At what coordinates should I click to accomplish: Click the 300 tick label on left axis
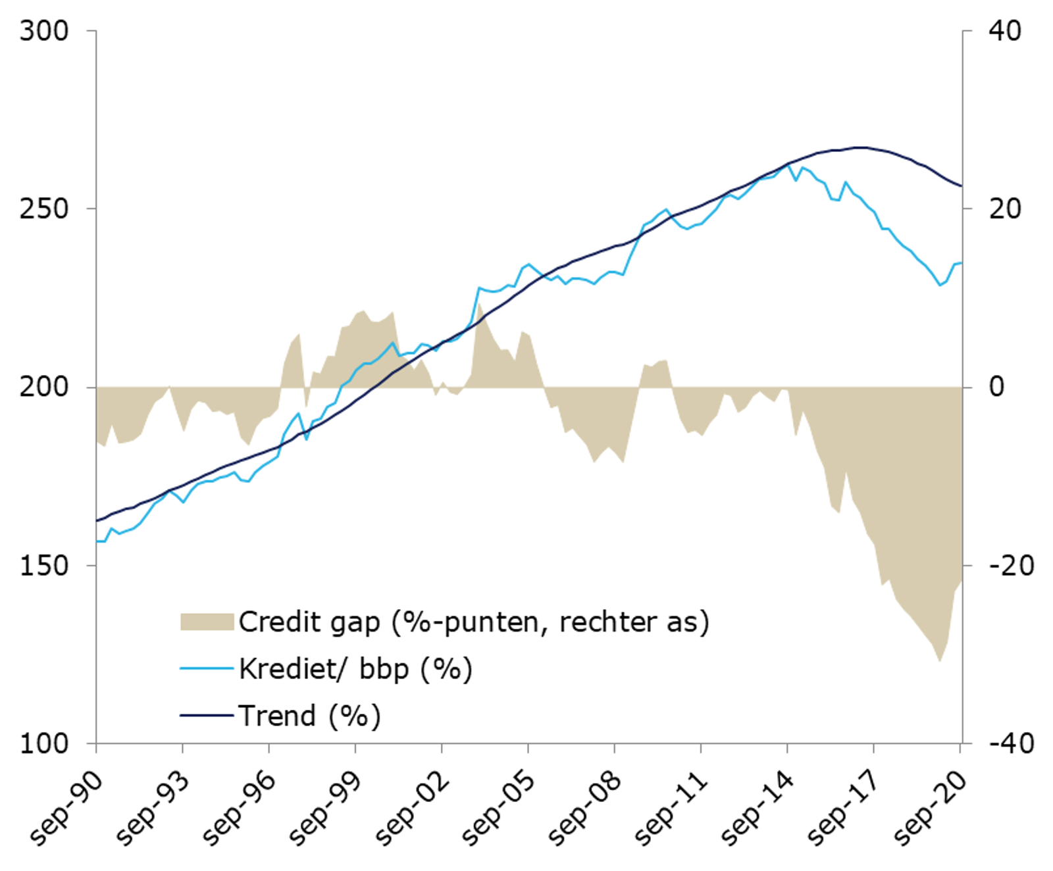tap(43, 31)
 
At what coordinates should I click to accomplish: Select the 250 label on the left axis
tap(43, 209)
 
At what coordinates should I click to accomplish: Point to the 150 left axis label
tap(43, 566)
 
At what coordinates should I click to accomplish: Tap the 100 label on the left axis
tap(43, 744)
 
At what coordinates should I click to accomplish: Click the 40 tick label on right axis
tap(1005, 31)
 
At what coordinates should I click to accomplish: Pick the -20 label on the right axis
tap(1012, 566)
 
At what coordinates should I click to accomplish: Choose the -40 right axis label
tap(1012, 744)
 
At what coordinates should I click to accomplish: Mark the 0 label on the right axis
tap(996, 387)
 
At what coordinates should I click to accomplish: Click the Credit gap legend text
tap(474, 622)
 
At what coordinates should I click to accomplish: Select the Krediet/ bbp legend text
tap(355, 669)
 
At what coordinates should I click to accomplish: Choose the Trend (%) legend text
tap(309, 716)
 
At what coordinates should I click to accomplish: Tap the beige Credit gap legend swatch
tap(207, 622)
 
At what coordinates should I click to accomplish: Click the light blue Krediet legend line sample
tap(207, 669)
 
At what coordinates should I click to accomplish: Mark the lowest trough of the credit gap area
tap(940, 660)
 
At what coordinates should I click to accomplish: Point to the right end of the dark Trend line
tap(962, 186)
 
